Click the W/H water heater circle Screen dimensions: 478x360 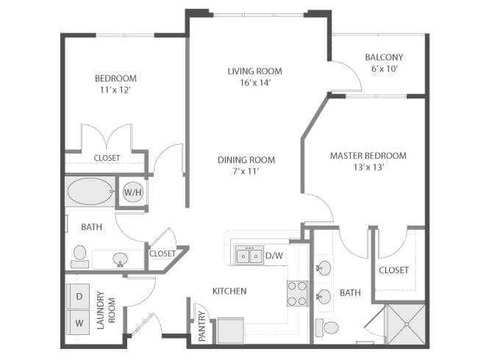point(133,192)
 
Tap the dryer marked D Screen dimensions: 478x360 point(79,296)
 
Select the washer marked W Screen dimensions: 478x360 point(79,323)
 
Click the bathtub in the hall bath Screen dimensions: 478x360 point(90,191)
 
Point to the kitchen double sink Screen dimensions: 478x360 point(249,255)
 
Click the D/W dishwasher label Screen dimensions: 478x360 point(274,256)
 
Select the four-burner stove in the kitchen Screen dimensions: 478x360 point(298,294)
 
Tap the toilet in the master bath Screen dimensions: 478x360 point(327,328)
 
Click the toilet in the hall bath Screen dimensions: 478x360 point(79,256)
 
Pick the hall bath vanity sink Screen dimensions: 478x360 point(121,260)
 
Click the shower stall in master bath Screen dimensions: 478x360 point(406,324)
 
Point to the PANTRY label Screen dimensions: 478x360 point(201,326)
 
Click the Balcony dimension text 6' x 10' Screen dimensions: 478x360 point(385,68)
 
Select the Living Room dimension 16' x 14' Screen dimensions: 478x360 point(255,82)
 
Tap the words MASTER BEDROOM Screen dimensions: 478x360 point(368,156)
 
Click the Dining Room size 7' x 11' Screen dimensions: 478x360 point(246,171)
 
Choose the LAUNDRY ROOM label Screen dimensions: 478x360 point(106,310)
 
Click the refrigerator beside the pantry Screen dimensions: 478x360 point(230,331)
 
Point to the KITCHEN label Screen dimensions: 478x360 point(229,291)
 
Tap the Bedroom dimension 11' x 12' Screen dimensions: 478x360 point(115,90)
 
